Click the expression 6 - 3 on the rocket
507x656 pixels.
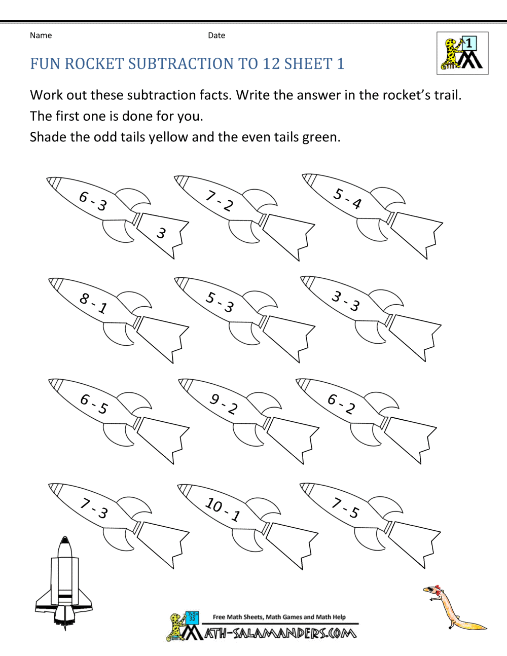[x=93, y=201]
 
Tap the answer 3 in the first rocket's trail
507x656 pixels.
[x=161, y=233]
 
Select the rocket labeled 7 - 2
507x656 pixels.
[x=220, y=201]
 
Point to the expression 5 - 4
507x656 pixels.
[x=347, y=198]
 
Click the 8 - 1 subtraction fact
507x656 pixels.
[x=93, y=303]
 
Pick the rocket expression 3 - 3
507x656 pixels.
[x=346, y=301]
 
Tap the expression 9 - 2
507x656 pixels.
[x=224, y=404]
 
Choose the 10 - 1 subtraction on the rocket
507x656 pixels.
[x=223, y=509]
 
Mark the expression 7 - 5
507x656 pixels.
[x=345, y=508]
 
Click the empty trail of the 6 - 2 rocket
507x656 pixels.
[x=408, y=437]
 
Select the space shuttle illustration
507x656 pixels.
[x=64, y=583]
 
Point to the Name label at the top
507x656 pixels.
[x=41, y=35]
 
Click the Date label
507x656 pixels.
[x=216, y=35]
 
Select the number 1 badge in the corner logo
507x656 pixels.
[x=469, y=44]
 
